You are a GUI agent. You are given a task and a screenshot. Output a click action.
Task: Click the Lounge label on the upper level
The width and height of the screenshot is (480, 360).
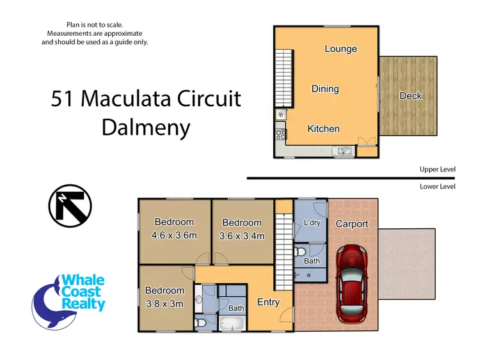[x=340, y=49]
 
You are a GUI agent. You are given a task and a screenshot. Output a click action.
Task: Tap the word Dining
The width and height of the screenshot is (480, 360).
[x=325, y=89]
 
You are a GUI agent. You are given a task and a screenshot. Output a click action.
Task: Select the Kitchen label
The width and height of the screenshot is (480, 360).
[x=323, y=129]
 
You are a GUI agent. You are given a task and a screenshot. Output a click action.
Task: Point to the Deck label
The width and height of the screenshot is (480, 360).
[x=411, y=96]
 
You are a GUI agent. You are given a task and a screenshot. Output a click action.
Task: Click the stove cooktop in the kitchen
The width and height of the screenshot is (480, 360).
[x=280, y=134]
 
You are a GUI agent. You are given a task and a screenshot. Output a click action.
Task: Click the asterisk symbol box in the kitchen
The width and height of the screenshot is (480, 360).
[x=280, y=115]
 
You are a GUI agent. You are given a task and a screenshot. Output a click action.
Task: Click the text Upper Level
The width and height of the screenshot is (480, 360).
[x=437, y=169]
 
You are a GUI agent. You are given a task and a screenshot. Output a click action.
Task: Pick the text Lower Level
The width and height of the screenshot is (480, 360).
[x=437, y=186]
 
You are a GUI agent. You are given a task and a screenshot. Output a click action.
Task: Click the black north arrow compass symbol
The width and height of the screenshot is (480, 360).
[x=70, y=206]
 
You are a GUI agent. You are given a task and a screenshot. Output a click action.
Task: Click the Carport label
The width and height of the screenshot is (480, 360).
[x=352, y=224]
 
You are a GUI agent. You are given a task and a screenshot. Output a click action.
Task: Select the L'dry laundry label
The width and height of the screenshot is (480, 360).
[x=311, y=223]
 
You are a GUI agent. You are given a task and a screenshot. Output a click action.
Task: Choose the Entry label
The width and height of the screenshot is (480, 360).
[x=268, y=302]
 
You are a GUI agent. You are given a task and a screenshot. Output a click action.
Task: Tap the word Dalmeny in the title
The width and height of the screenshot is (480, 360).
[x=146, y=127]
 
